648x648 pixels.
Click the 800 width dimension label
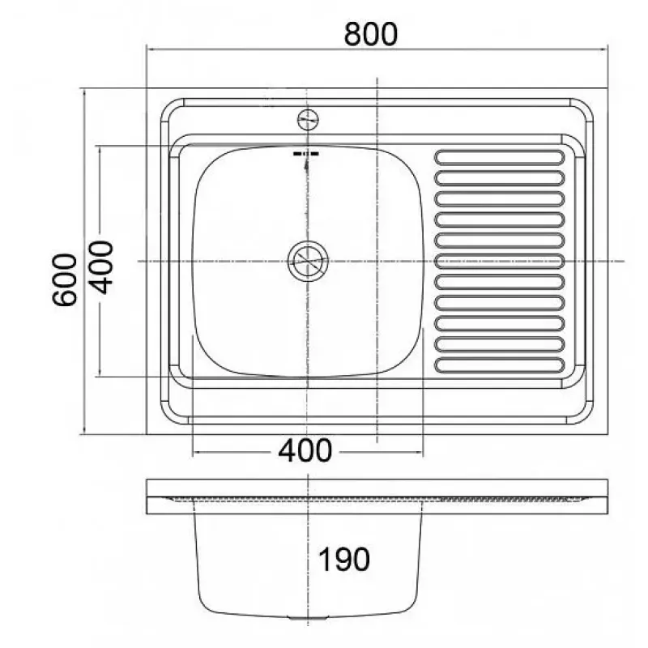click(371, 34)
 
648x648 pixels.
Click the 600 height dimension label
click(65, 279)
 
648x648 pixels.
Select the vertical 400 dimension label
click(101, 267)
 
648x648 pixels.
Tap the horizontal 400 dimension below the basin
click(305, 450)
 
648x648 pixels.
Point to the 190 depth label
click(343, 559)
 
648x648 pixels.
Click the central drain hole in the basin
click(308, 261)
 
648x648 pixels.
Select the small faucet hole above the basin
click(308, 120)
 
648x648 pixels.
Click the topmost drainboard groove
click(500, 157)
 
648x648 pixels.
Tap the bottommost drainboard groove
click(500, 365)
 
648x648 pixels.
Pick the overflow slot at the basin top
click(306, 154)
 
